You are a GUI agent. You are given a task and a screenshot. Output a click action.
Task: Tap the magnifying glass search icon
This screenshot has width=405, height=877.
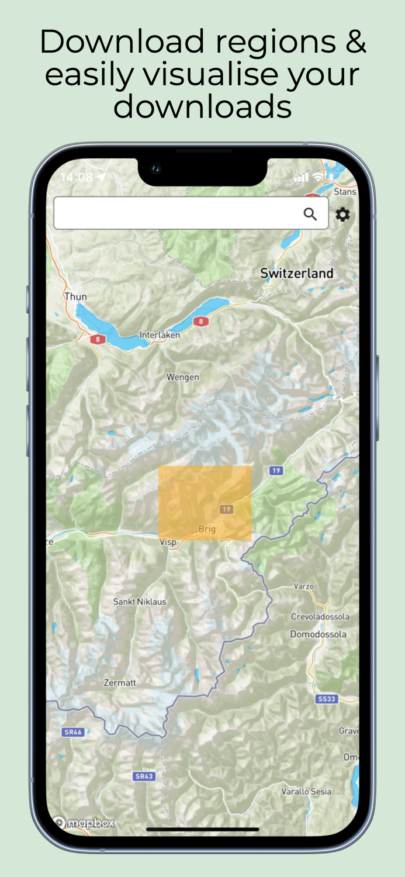pyautogui.click(x=310, y=214)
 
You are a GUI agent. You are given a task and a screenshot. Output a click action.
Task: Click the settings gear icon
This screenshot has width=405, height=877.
pyautogui.click(x=342, y=215)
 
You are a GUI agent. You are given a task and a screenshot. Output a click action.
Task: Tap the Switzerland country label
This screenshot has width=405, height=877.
pyautogui.click(x=297, y=273)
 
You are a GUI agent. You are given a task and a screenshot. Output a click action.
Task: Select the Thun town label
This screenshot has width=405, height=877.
pyautogui.click(x=75, y=296)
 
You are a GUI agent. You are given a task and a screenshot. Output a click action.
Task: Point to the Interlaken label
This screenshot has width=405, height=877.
pyautogui.click(x=160, y=335)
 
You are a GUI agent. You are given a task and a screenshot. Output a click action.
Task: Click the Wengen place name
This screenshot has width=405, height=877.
pyautogui.click(x=182, y=377)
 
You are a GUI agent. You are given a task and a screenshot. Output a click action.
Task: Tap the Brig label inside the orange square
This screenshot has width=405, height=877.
pyautogui.click(x=207, y=529)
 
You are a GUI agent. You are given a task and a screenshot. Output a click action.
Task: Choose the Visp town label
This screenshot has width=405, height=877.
pyautogui.click(x=168, y=543)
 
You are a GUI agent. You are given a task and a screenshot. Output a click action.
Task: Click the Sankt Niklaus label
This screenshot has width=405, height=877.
pyautogui.click(x=140, y=602)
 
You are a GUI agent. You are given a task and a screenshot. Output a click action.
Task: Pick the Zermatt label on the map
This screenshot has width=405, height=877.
pyautogui.click(x=120, y=682)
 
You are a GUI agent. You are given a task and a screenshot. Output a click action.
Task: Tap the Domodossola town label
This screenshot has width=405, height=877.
pyautogui.click(x=318, y=634)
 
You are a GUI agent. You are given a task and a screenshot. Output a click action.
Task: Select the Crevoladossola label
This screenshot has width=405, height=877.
pyautogui.click(x=320, y=617)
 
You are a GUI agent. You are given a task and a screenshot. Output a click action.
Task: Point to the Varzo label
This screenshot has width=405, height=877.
pyautogui.click(x=303, y=586)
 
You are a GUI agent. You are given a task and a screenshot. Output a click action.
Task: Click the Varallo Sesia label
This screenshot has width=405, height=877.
pyautogui.click(x=306, y=792)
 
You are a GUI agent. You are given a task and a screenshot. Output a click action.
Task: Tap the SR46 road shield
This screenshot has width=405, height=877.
pyautogui.click(x=72, y=732)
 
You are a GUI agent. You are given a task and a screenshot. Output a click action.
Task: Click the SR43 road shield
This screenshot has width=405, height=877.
pyautogui.click(x=144, y=776)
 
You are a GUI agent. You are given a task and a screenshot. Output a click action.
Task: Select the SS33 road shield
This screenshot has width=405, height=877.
pyautogui.click(x=327, y=699)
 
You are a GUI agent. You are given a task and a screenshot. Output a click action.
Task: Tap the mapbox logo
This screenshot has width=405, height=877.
pyautogui.click(x=85, y=823)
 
